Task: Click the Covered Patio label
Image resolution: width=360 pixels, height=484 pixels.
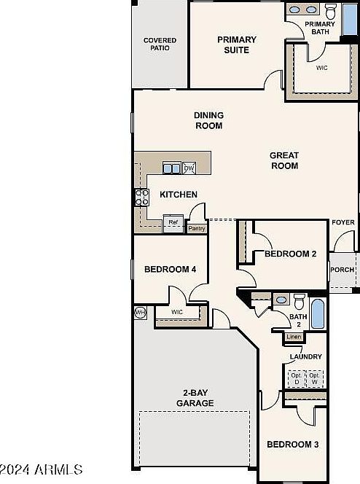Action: [160, 44]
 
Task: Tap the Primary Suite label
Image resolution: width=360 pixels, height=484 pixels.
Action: [237, 44]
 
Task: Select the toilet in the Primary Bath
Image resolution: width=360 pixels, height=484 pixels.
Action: [331, 11]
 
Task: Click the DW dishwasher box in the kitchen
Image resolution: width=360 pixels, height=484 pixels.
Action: [189, 168]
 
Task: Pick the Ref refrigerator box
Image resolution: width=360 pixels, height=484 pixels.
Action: [173, 223]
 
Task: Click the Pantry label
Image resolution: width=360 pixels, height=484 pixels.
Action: [197, 228]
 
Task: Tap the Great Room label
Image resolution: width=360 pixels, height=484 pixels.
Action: [284, 160]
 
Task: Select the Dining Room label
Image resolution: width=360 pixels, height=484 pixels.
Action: [208, 120]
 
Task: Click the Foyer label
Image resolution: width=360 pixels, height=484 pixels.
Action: [343, 222]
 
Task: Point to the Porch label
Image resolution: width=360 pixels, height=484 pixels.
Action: [343, 270]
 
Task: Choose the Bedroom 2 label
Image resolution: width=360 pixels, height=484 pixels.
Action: [290, 254]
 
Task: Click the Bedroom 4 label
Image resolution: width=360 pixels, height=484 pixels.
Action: [170, 269]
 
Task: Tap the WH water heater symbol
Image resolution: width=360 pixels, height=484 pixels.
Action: [140, 313]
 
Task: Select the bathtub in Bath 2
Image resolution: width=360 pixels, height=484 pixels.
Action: [318, 313]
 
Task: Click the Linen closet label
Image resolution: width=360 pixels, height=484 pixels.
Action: [294, 337]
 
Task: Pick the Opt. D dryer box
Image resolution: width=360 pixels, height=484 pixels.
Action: [297, 379]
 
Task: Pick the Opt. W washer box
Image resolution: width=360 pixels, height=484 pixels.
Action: [315, 379]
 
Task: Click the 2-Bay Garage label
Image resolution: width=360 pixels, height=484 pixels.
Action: [194, 398]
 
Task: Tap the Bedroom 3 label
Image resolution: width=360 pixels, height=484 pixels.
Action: [291, 444]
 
